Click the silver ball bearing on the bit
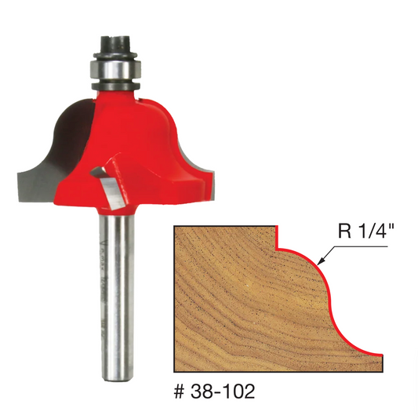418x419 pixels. (114, 69)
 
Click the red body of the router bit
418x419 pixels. (133, 152)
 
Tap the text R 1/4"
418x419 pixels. (362, 231)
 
